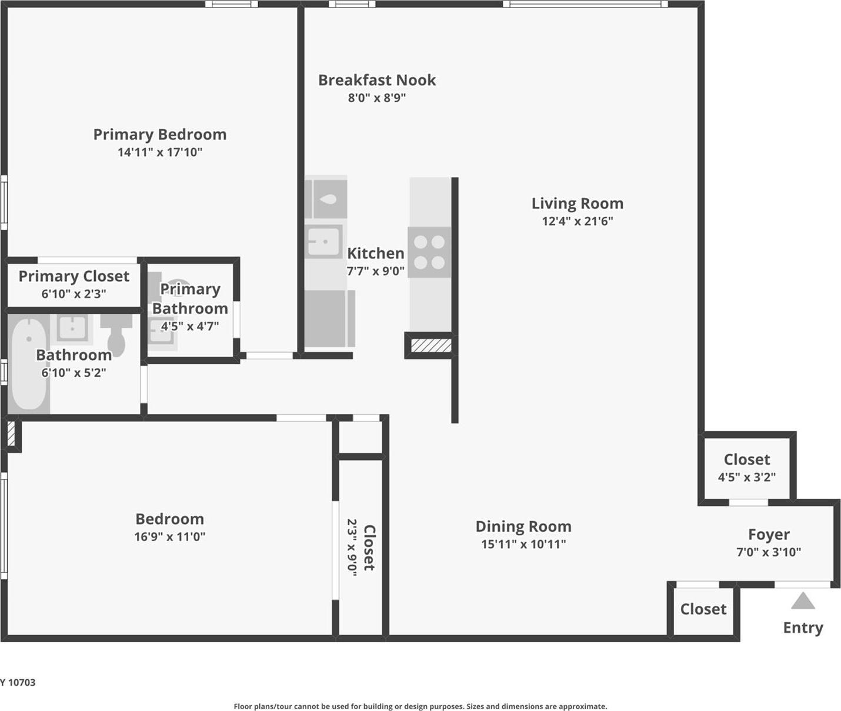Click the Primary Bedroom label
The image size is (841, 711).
159,135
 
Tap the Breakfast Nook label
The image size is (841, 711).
376,81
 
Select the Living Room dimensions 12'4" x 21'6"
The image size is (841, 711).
577,222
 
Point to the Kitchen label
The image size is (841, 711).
375,253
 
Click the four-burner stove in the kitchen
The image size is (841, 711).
429,251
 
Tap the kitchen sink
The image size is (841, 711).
323,242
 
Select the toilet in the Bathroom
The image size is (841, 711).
116,335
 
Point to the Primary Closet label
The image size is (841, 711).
74,276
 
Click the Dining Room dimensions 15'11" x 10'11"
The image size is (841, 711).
523,544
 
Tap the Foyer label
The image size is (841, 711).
768,535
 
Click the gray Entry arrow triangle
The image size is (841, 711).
803,602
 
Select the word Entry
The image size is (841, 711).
803,628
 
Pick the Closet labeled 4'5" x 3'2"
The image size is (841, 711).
746,460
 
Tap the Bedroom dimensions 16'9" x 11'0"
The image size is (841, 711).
169,536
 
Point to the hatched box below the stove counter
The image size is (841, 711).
431,345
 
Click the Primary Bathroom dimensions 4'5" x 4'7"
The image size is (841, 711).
189,326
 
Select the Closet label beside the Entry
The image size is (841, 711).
703,609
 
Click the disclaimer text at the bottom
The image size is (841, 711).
420,706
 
